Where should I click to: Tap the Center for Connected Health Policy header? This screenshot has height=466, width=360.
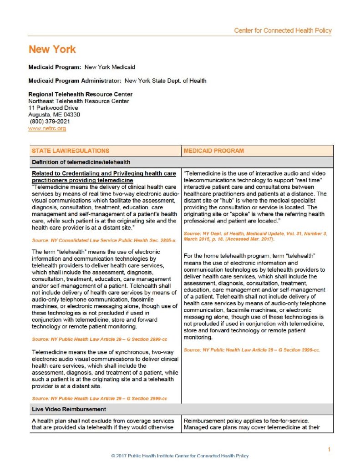[283, 30]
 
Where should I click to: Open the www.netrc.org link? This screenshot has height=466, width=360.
[47, 129]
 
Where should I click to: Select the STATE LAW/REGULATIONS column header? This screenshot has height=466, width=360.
[70, 151]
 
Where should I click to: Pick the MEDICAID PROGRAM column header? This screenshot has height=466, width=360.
[213, 151]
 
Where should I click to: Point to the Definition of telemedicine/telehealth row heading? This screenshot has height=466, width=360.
[81, 162]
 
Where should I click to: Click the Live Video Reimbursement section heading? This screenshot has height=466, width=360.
[69, 410]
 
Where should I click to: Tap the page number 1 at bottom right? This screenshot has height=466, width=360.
[329, 450]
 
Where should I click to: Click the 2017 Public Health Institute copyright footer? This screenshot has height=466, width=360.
[180, 456]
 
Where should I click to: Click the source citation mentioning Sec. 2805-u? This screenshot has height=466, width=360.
[104, 239]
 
